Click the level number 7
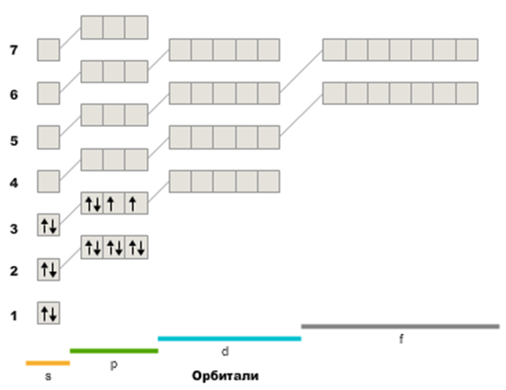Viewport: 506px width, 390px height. pos(14,50)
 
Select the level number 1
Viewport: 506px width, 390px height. pos(14,316)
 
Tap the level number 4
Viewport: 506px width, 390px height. pos(14,183)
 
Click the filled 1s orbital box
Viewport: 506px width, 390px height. pos(49,313)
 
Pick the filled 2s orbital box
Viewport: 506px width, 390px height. pos(49,269)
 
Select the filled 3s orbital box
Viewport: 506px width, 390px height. pos(49,225)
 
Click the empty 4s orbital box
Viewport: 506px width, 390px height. pos(49,182)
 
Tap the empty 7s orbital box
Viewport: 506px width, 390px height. pos(49,50)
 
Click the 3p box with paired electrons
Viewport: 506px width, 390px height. pos(92,203)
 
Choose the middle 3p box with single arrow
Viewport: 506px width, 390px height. pos(114,203)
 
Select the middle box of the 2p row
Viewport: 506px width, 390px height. pos(114,247)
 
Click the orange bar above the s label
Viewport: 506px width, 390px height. pos(48,363)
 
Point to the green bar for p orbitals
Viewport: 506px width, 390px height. pos(114,351)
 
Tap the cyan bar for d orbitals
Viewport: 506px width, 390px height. pos(230,339)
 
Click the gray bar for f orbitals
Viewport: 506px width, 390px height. pos(400,327)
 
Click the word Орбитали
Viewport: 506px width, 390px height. pos(225,376)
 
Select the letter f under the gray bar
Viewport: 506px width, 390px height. pos(401,339)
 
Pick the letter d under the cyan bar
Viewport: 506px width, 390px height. pos(225,351)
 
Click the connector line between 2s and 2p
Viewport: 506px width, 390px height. pos(70,258)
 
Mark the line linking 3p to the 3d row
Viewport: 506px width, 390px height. pos(158,192)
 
